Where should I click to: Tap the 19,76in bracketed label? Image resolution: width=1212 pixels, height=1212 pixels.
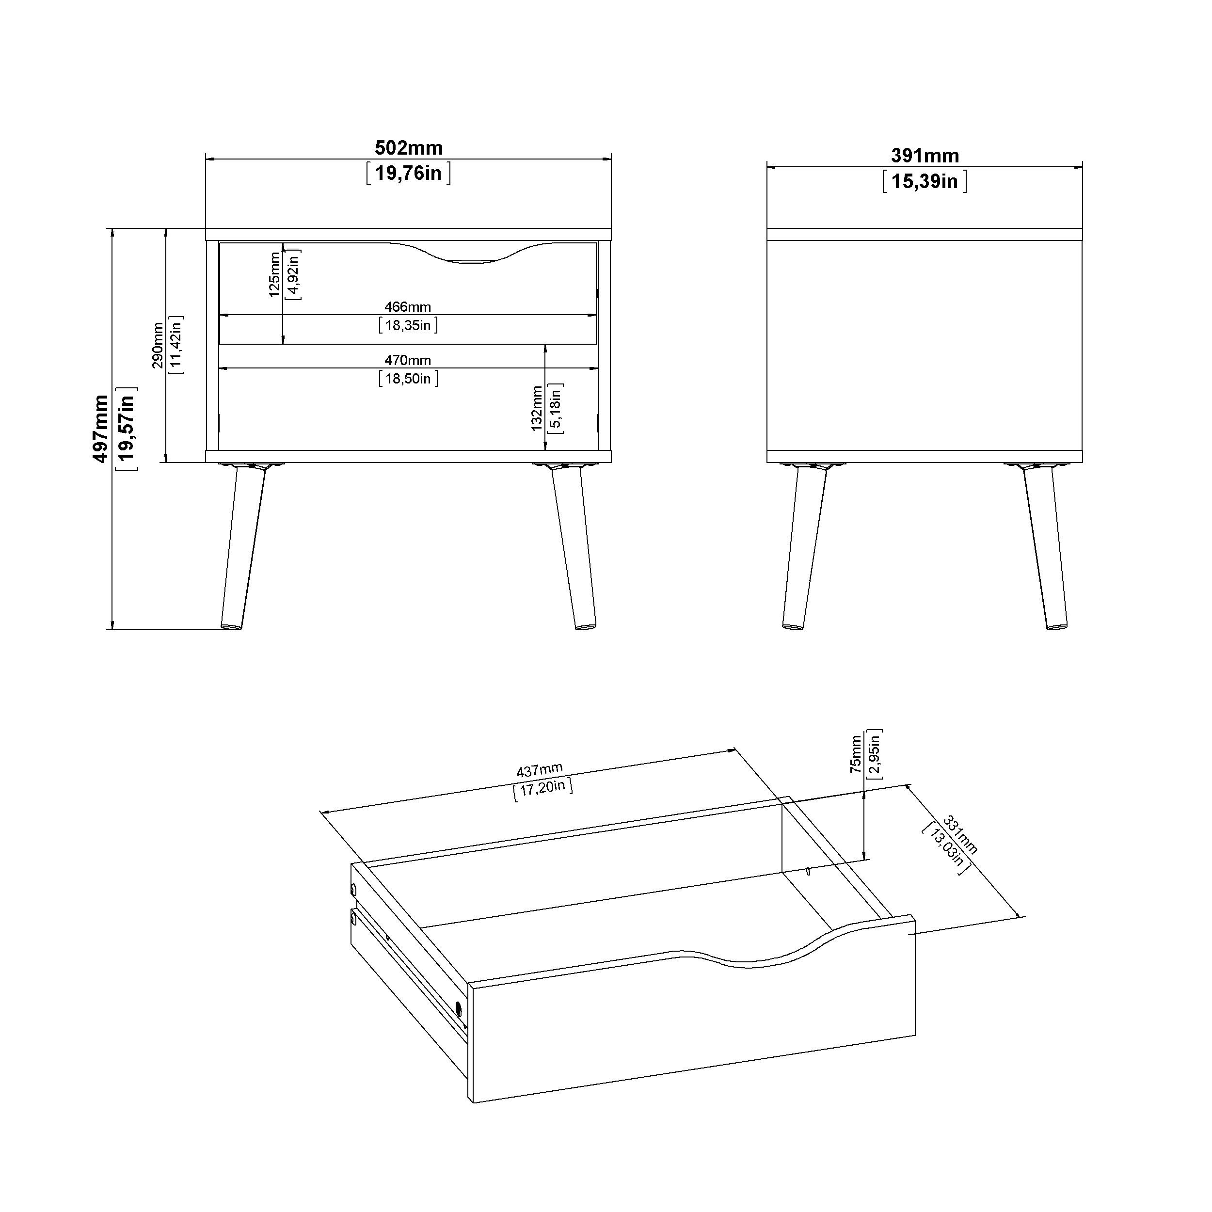point(408,173)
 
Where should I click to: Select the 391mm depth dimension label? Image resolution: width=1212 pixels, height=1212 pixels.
point(925,156)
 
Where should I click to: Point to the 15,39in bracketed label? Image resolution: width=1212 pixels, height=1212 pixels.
point(925,181)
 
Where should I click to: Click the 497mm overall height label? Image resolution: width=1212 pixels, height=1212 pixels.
point(100,429)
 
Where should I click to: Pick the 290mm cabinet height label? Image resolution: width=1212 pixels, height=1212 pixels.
point(158,346)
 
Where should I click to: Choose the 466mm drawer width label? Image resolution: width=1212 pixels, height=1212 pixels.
point(408,307)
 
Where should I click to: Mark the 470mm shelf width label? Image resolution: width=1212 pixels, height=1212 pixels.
point(408,360)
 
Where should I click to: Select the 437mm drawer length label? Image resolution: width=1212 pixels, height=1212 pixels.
point(540,770)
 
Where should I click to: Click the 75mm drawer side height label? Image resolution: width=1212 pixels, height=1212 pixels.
point(856,755)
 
